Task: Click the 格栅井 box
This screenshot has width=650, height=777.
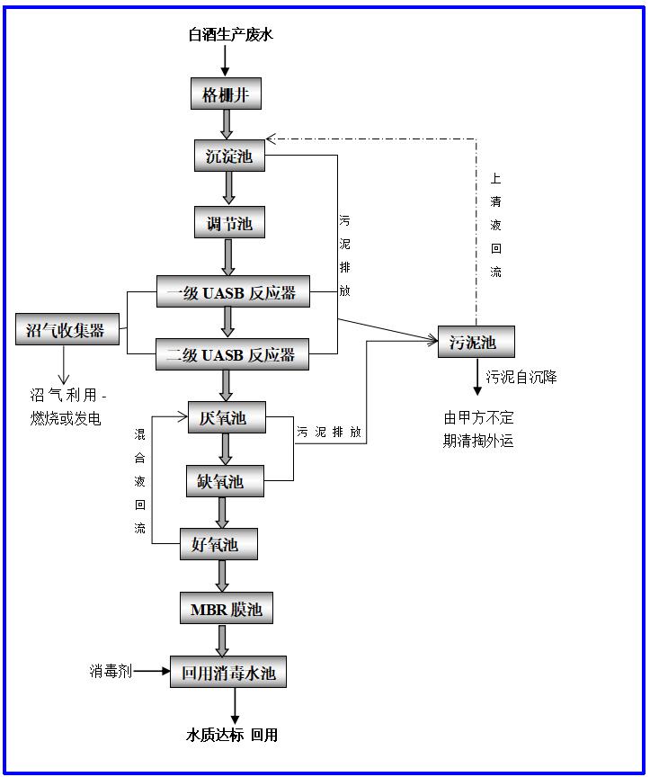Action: click(x=226, y=94)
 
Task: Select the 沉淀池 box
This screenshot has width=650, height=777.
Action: click(x=229, y=156)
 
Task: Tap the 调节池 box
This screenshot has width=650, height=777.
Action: click(x=229, y=222)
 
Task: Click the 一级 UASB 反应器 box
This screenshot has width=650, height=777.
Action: click(x=232, y=292)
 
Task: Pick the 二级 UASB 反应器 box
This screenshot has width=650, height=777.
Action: click(x=232, y=354)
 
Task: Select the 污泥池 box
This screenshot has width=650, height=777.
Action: click(x=476, y=342)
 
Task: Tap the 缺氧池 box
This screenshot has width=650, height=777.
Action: click(x=226, y=481)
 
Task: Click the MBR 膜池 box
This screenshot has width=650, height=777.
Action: click(x=226, y=610)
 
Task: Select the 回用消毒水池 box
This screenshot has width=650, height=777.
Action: click(x=228, y=672)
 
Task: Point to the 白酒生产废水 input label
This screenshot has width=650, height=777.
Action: click(x=230, y=35)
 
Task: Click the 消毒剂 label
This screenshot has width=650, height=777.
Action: click(x=111, y=671)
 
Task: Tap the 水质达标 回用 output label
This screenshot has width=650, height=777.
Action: click(x=232, y=736)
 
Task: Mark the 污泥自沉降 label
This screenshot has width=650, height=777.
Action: click(x=521, y=377)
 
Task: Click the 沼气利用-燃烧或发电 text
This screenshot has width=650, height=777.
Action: click(x=68, y=406)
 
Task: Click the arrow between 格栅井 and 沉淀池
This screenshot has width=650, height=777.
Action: click(x=227, y=124)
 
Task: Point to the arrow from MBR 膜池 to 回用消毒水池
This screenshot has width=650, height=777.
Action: click(x=222, y=640)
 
